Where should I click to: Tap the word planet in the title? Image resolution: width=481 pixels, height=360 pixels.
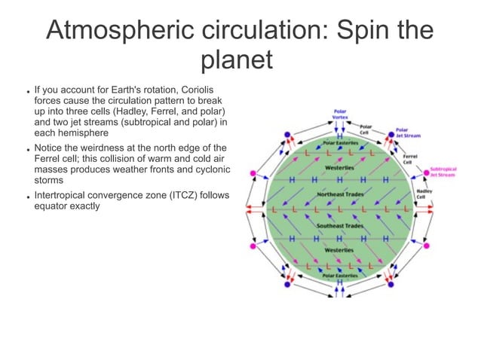pyautogui.click(x=237, y=60)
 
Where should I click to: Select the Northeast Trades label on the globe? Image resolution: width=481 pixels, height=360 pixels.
pyautogui.click(x=339, y=194)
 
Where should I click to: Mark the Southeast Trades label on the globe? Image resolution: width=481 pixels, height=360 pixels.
pyautogui.click(x=339, y=225)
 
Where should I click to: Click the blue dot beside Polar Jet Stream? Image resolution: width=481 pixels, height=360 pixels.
pyautogui.click(x=391, y=135)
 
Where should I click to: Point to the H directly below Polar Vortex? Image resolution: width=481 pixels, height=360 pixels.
pyautogui.click(x=340, y=127)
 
